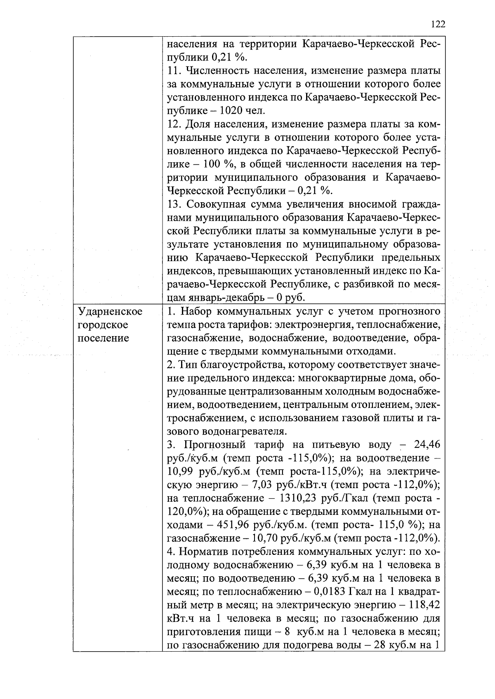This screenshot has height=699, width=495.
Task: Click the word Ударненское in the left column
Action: coord(110,311)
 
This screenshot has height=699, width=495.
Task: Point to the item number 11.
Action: coord(173,71)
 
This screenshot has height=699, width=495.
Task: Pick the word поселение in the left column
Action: coord(103,338)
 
